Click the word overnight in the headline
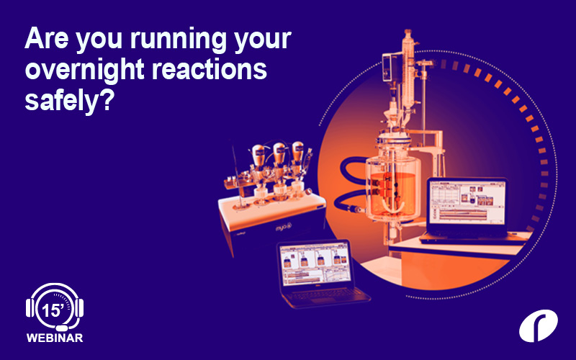tap(79, 70)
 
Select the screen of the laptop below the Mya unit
tap(314, 264)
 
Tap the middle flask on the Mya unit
tap(278, 158)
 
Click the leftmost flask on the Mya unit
tap(256, 161)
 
